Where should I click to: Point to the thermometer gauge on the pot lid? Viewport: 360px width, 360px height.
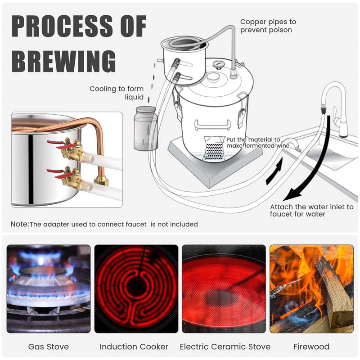[219, 64]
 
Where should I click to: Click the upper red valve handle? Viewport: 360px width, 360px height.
[57, 143]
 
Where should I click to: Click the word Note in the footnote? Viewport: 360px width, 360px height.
[19, 224]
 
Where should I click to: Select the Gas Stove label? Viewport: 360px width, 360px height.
[48, 346]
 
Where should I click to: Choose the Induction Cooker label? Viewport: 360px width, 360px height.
[134, 346]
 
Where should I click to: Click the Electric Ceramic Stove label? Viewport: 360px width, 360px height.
[225, 346]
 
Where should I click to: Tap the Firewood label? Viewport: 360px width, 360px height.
[311, 346]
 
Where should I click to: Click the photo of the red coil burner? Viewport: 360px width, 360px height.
[136, 288]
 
